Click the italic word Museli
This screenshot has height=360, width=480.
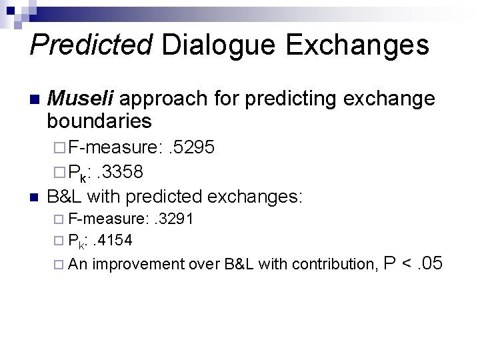point(83,99)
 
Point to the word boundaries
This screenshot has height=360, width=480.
point(99,122)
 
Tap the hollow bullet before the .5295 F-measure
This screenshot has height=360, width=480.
point(59,147)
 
